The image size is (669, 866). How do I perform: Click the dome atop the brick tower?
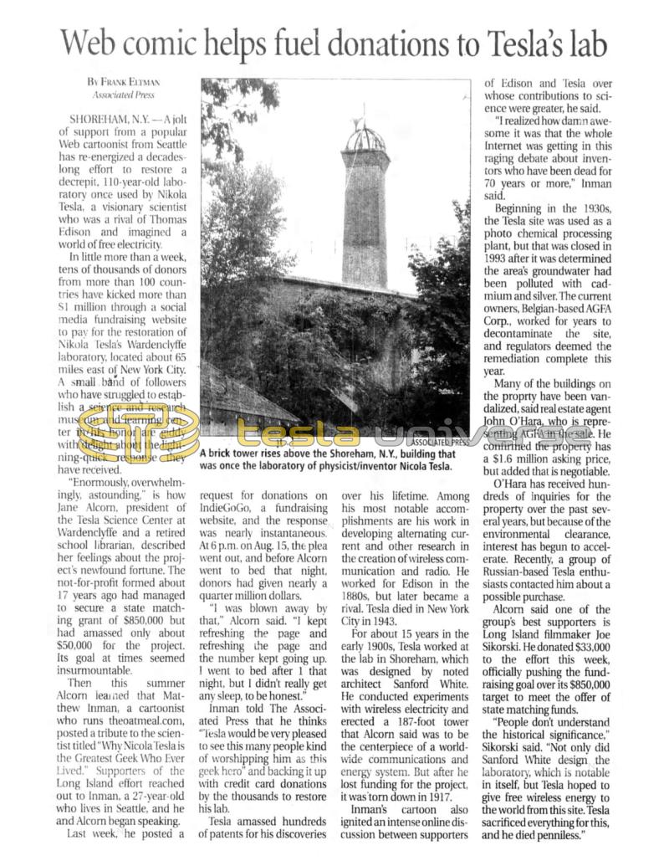pyautogui.click(x=365, y=137)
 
